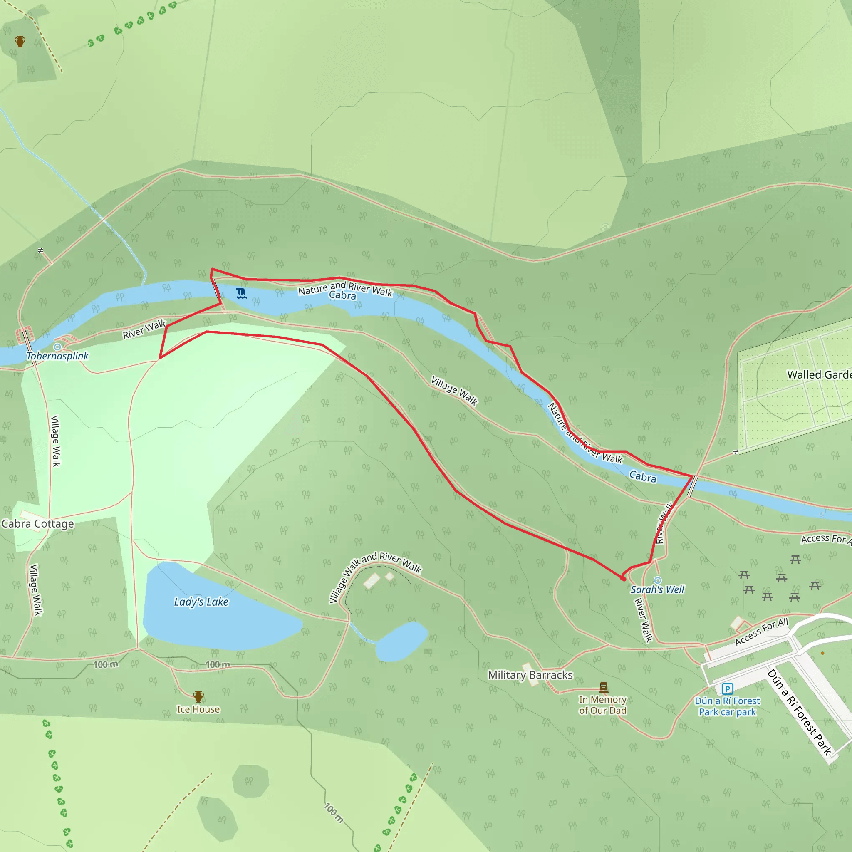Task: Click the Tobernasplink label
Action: [x=58, y=356]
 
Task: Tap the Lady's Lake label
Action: [x=201, y=602]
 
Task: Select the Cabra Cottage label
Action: [x=38, y=523]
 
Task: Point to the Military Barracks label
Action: [x=530, y=675]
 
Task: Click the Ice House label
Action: [x=198, y=709]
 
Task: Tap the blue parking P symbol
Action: [x=727, y=689]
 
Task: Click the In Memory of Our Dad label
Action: [x=603, y=705]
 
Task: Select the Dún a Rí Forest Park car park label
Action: [x=727, y=706]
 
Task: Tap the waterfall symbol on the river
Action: [x=241, y=293]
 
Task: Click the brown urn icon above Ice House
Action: [x=198, y=697]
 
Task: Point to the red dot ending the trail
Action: [x=623, y=578]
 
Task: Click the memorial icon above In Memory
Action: [x=604, y=686]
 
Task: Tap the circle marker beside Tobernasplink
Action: [x=57, y=347]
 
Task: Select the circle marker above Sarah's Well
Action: [x=658, y=580]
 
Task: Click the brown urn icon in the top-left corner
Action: [x=20, y=42]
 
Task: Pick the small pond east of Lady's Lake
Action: [x=402, y=641]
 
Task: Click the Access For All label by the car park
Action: [x=762, y=632]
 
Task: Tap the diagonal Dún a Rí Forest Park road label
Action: [x=799, y=712]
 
